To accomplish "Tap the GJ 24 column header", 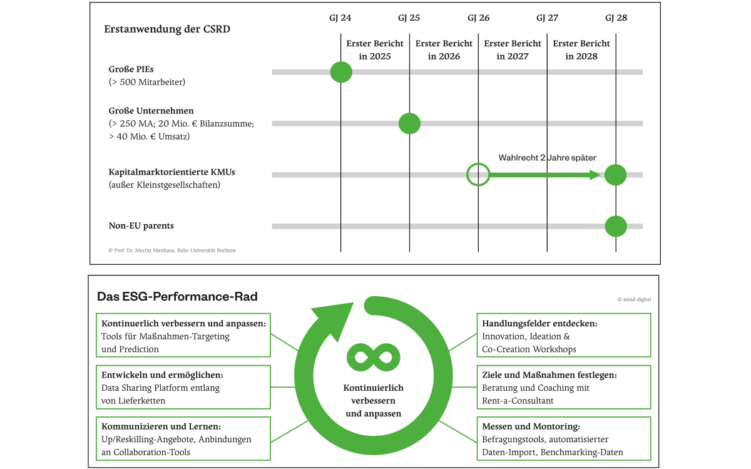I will tap(340, 18).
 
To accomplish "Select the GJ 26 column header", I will tap(478, 18).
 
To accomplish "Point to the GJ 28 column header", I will tap(615, 18).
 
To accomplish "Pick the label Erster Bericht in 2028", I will tap(582, 50).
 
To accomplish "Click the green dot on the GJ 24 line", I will tap(341, 72).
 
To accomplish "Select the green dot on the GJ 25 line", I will tap(409, 123).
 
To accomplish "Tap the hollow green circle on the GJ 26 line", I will tap(478, 175).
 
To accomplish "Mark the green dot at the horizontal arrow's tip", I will tap(616, 175).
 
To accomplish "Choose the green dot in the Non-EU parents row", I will tap(616, 227).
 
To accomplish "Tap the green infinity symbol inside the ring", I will tap(367, 354).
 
